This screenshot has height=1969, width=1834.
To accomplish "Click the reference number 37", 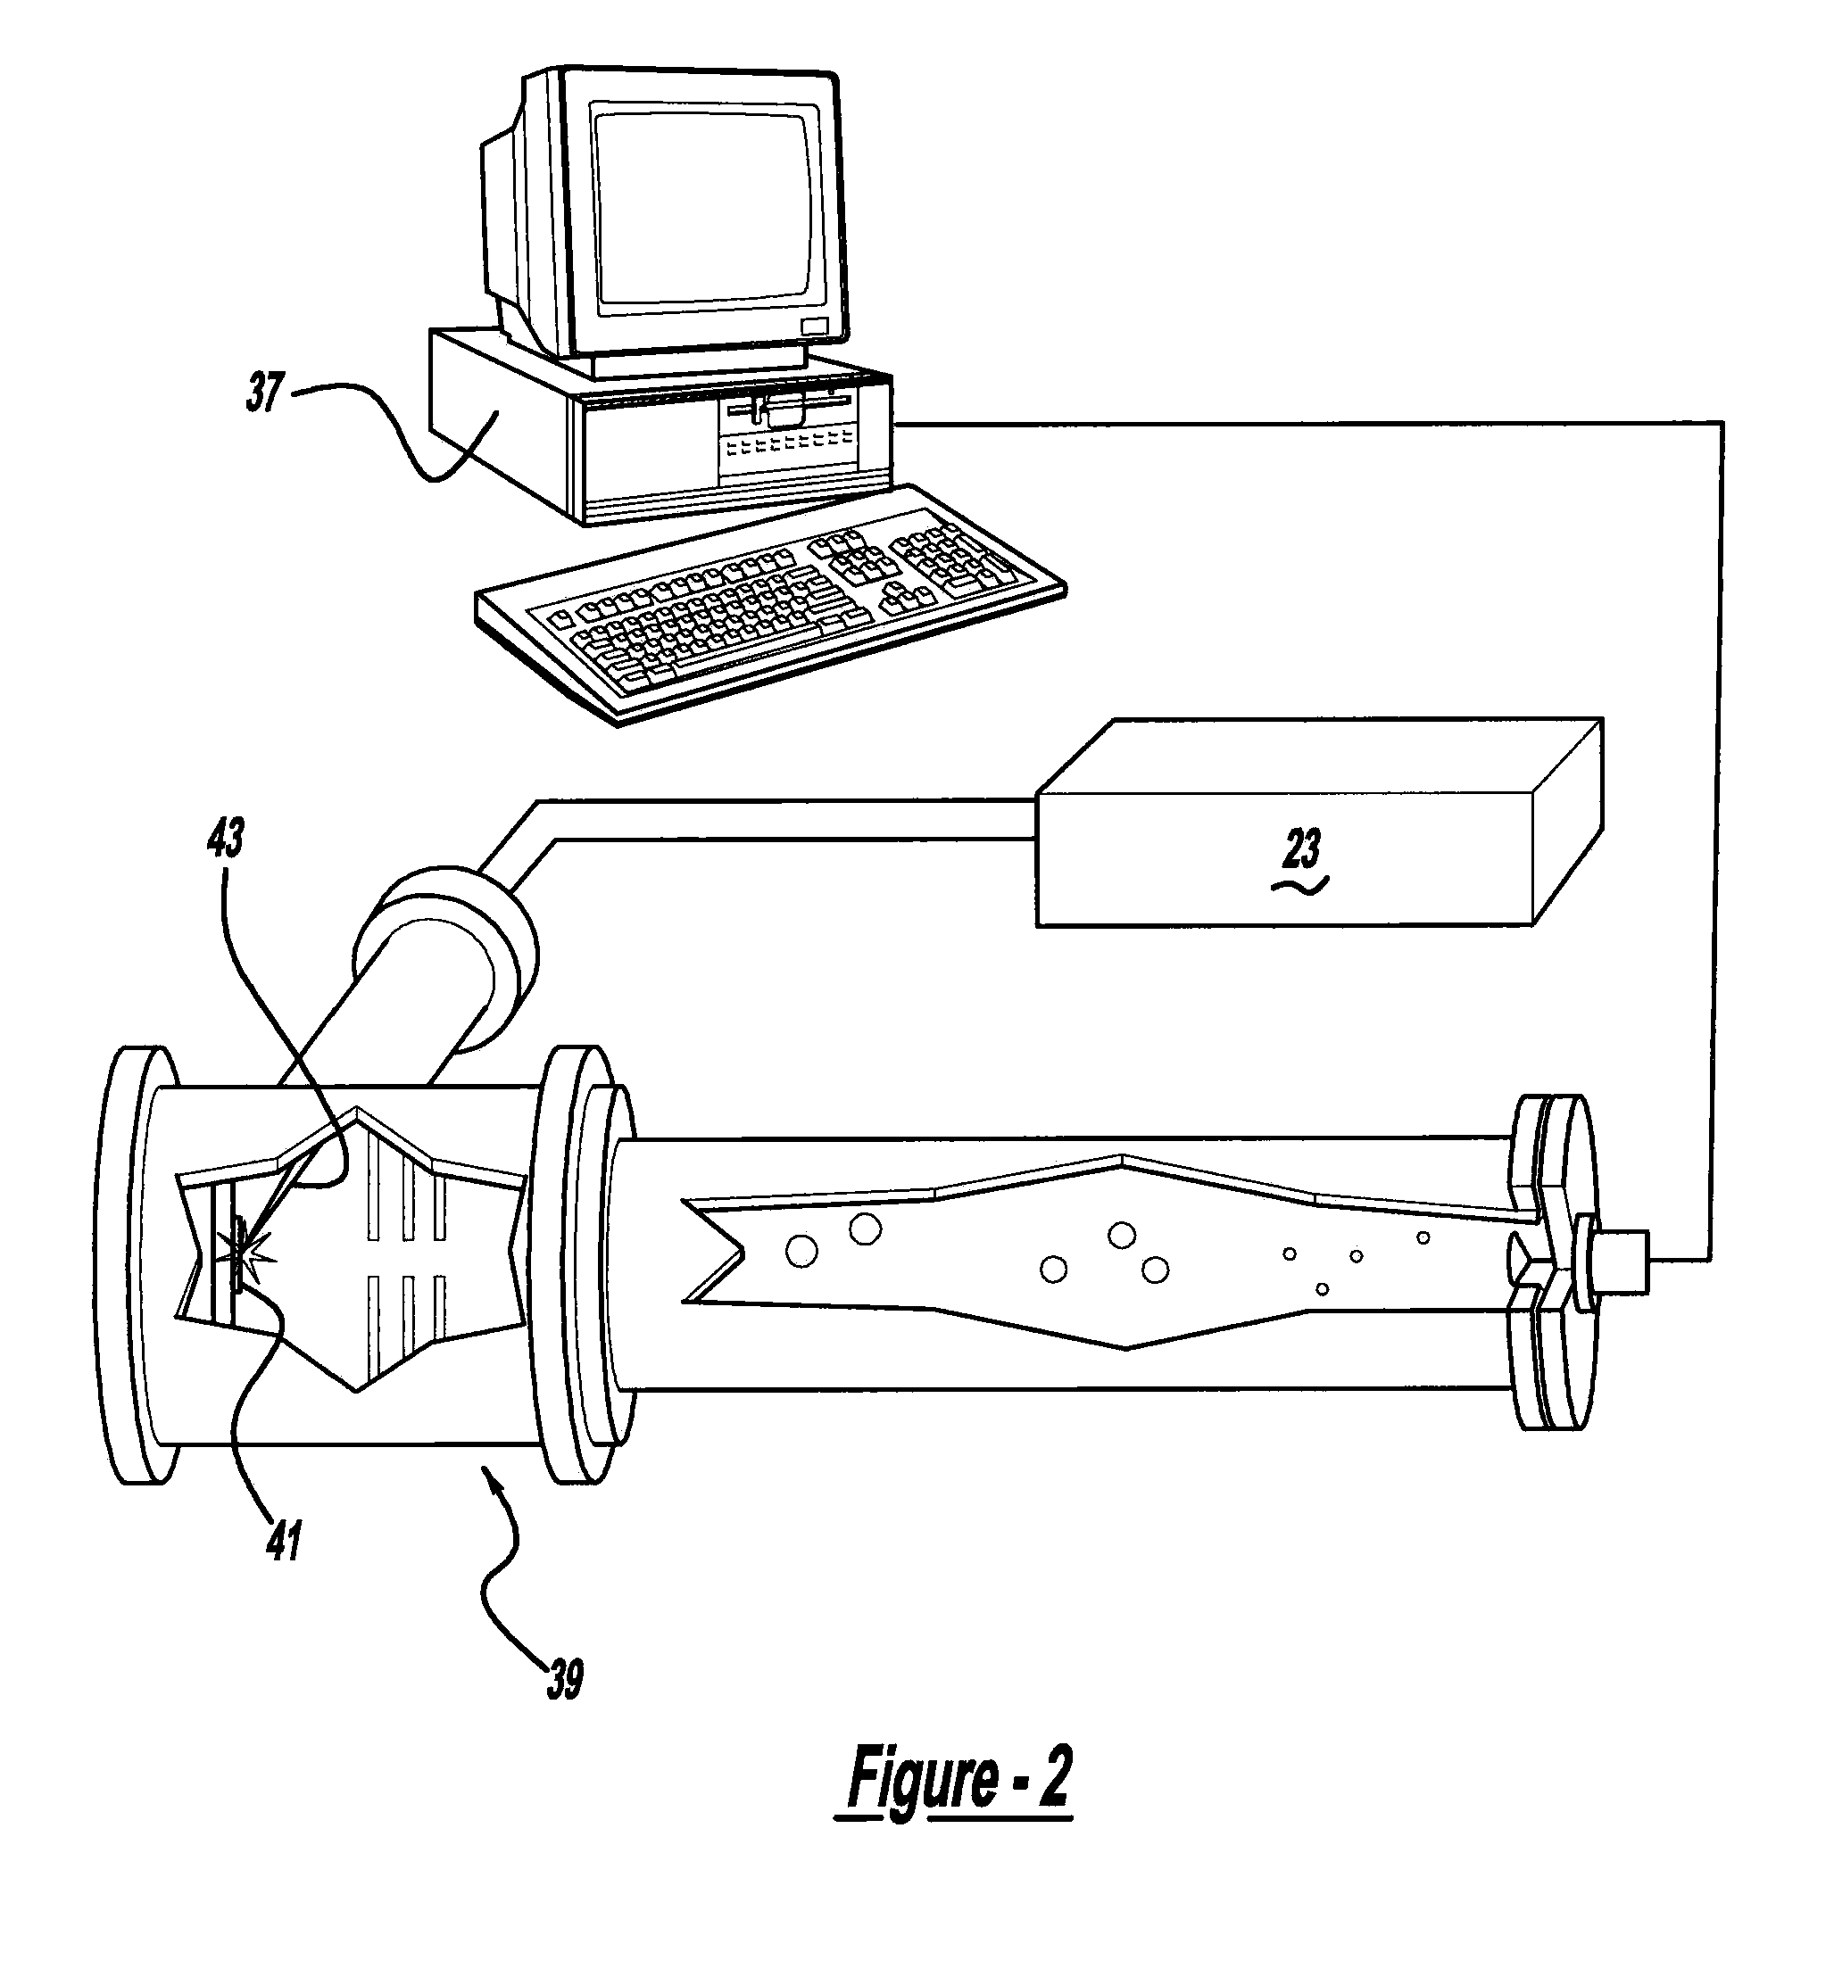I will (264, 393).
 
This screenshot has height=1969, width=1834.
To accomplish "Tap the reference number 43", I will (225, 838).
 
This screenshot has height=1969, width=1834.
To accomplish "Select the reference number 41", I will (285, 1540).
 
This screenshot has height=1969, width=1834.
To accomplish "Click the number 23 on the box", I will (1301, 848).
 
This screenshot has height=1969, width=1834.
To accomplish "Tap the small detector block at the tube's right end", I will (1621, 1261).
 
